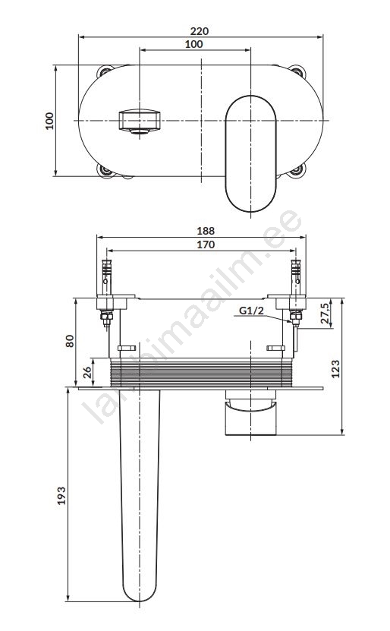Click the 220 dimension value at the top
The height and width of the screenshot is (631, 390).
200,31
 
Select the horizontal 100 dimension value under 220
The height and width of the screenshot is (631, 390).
193,44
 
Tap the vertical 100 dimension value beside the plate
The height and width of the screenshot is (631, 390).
49,121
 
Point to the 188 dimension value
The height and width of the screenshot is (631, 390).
206,231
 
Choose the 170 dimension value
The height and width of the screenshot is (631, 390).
206,245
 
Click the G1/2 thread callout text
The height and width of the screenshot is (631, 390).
251,311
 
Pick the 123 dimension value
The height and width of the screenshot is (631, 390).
335,368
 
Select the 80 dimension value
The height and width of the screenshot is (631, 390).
70,341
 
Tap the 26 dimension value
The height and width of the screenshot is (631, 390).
86,372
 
